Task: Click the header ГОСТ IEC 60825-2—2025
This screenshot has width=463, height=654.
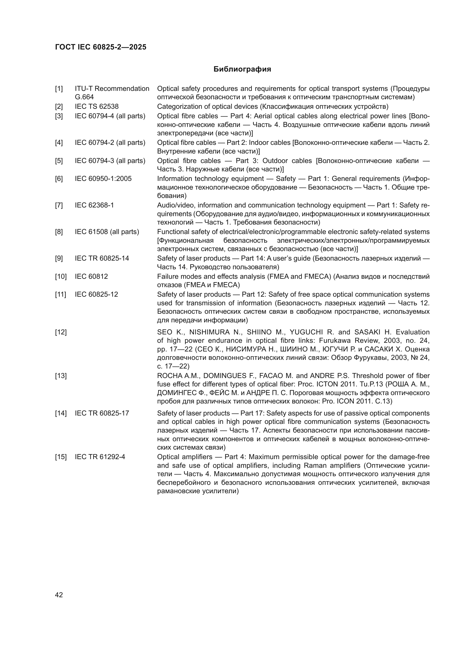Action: tap(100, 47)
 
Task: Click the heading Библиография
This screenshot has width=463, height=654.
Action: tap(242, 69)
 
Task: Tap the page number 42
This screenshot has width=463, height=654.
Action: tap(59, 595)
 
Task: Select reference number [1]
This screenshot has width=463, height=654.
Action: tap(59, 89)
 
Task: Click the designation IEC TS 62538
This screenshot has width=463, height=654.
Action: tap(96, 107)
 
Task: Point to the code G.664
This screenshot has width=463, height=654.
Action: tap(84, 97)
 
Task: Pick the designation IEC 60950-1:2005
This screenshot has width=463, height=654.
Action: tap(103, 179)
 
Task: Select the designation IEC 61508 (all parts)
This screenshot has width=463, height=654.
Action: tap(107, 232)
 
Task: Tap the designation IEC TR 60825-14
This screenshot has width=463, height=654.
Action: tap(102, 258)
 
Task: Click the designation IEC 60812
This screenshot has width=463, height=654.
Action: tap(91, 276)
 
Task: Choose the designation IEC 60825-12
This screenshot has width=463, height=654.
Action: tap(96, 294)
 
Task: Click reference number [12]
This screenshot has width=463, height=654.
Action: tap(60, 332)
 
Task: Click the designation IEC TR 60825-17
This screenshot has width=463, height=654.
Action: tap(102, 413)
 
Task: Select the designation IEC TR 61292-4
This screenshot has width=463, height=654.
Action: tap(100, 457)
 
